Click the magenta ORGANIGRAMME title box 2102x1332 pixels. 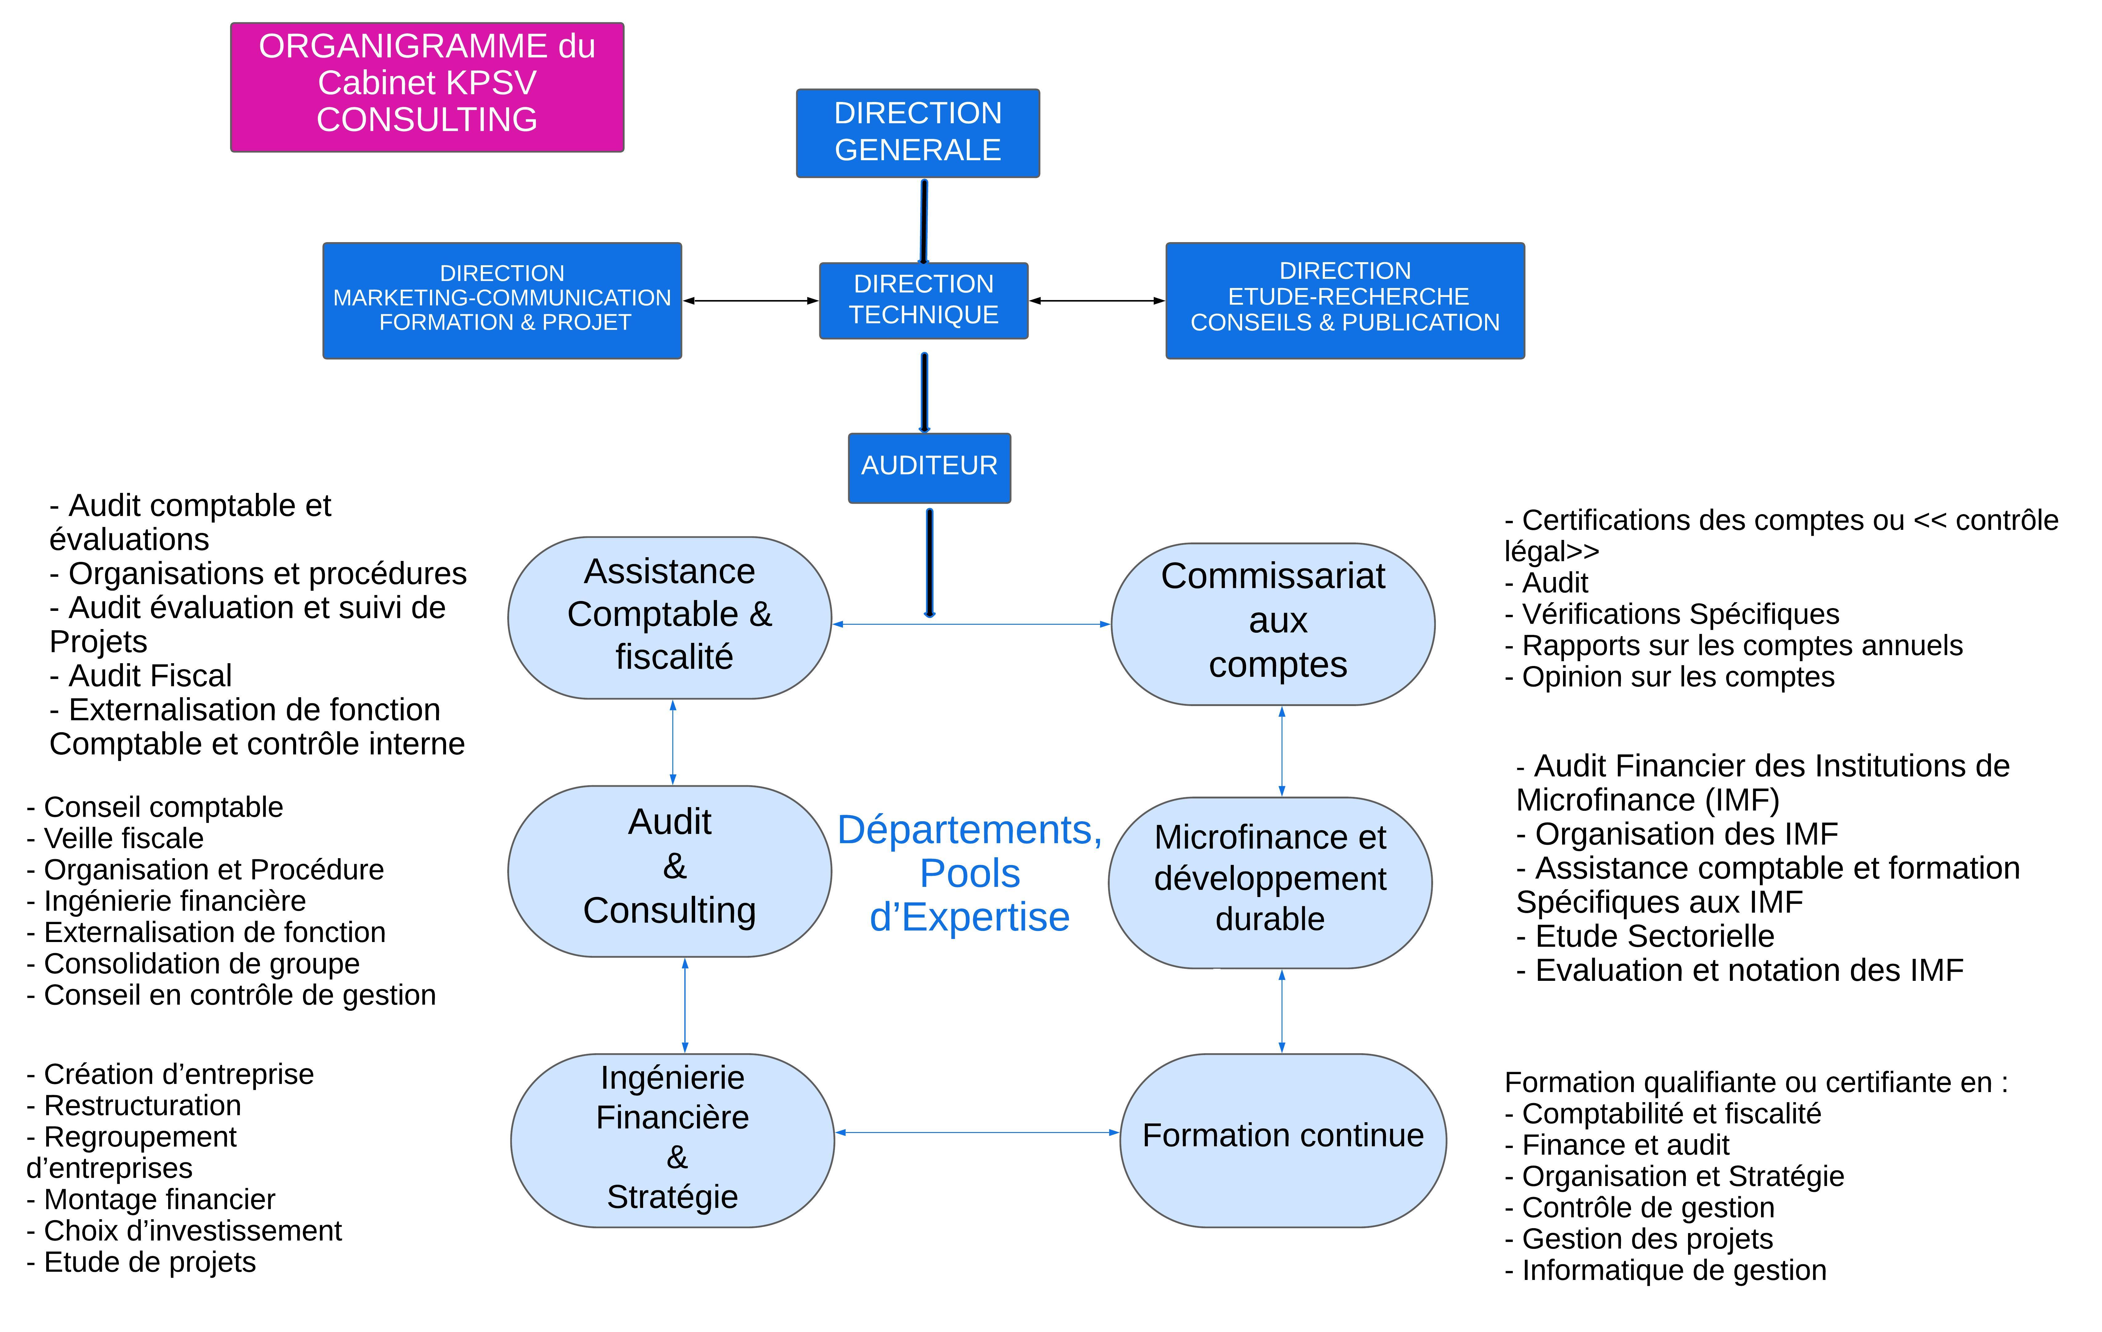[x=427, y=87]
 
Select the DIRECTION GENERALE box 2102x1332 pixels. [x=917, y=133]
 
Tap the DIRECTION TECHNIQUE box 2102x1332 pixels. [x=924, y=300]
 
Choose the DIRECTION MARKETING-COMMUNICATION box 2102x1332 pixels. [x=502, y=300]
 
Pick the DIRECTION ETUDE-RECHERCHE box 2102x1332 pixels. [x=1345, y=300]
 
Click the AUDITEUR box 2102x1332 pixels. [x=930, y=468]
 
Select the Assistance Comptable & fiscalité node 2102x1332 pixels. [x=670, y=617]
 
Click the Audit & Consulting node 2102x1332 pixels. [x=670, y=871]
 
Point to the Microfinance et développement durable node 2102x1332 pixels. [x=1270, y=883]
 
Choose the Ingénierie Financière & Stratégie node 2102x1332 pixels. [x=672, y=1140]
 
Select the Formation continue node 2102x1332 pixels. [x=1283, y=1140]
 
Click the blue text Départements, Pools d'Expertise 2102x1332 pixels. [x=970, y=873]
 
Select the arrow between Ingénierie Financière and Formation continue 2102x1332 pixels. [x=977, y=1132]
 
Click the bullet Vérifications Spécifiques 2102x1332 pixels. [x=1672, y=614]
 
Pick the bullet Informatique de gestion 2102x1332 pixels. [x=1666, y=1270]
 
